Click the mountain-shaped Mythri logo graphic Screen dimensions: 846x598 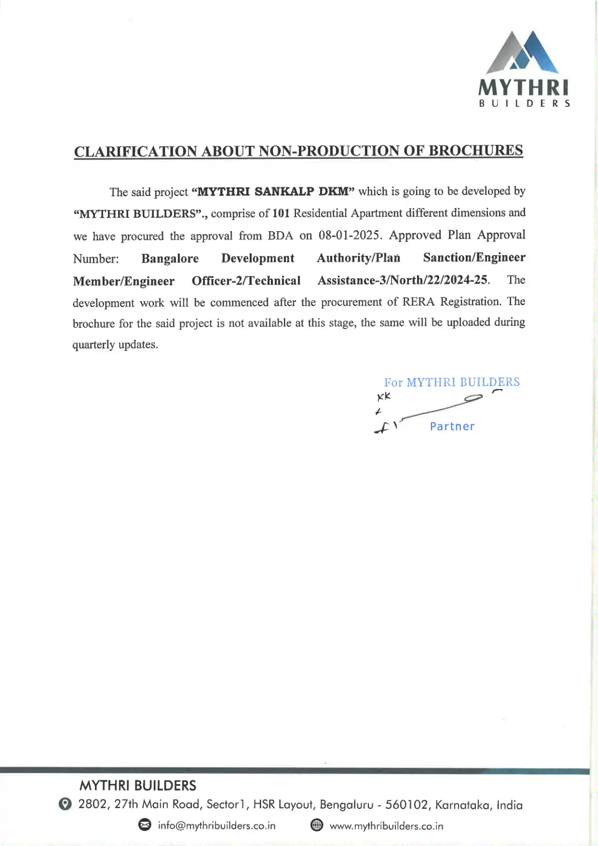[x=523, y=52]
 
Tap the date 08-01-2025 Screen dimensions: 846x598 [x=349, y=235]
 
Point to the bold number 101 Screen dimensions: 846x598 [x=281, y=213]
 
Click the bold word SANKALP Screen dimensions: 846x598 [x=284, y=192]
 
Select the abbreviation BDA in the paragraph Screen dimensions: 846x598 [x=280, y=236]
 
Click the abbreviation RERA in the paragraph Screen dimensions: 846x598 [x=419, y=302]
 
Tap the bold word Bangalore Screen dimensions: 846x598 [x=170, y=258]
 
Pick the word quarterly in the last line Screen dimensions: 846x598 [x=93, y=345]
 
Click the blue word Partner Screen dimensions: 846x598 [x=452, y=426]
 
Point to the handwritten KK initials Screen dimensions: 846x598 [x=384, y=397]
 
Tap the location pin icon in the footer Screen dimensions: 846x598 [x=65, y=804]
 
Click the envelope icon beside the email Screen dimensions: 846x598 [x=145, y=825]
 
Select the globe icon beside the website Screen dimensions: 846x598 [x=317, y=825]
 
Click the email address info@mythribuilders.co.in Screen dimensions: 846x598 [x=217, y=825]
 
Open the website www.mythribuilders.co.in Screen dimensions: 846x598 [x=386, y=825]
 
